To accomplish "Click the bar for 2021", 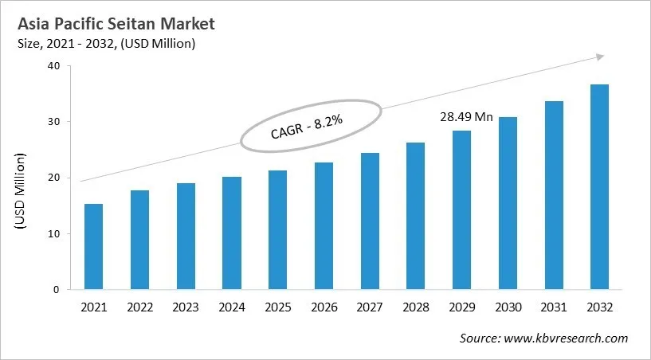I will (x=93, y=247).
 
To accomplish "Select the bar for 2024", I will (x=231, y=233).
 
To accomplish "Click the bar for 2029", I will (x=462, y=210).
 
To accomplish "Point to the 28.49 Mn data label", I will (x=466, y=117).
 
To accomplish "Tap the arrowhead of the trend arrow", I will (x=599, y=57).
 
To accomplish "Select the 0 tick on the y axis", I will (x=56, y=290).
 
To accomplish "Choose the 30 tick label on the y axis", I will (x=53, y=122).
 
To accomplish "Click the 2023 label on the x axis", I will (x=186, y=307).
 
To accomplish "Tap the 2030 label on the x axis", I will (x=508, y=307).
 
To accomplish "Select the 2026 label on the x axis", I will (x=324, y=307).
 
